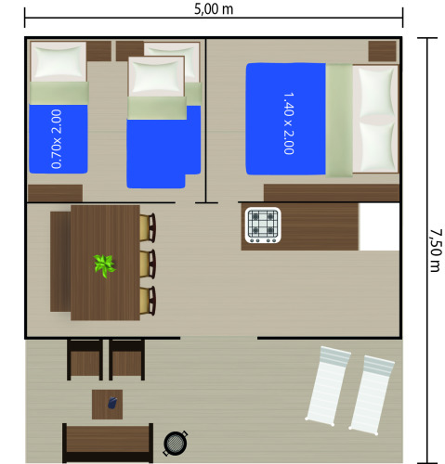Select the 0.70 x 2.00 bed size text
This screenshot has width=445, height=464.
coord(58,139)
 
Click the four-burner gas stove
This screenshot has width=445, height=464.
coord(262,225)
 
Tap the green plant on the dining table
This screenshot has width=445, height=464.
coord(104,265)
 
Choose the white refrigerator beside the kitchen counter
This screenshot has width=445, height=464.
coord(379,227)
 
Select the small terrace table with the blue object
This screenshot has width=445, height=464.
coord(107,404)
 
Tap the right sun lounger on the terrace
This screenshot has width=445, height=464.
coord(376,394)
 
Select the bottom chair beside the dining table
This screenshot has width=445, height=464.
coord(147,300)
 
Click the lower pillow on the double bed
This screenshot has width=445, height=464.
coord(375,145)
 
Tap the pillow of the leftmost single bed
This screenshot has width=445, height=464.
coord(59,62)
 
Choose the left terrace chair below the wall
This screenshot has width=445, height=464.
coord(85,359)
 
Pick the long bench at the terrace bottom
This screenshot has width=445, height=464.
coord(107,443)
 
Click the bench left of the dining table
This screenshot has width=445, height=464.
coord(59,262)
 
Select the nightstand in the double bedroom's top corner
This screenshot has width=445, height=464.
coord(381,50)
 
